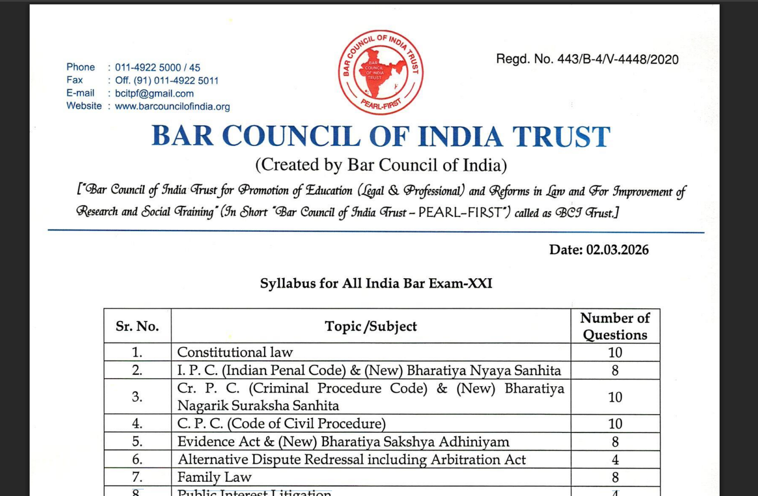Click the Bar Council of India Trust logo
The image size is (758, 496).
coord(380,72)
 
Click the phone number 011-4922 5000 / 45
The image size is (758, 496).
coord(158,67)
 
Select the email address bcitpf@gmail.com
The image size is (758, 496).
coord(154,93)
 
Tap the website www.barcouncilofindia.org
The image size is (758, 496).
coord(172,106)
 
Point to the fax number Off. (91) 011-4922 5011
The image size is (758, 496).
coord(167,81)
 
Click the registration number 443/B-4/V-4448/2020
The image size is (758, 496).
coord(617,59)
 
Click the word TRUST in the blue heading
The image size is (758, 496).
coord(561,137)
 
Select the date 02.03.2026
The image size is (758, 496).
coord(617,250)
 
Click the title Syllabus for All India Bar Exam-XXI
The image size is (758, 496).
coord(376,283)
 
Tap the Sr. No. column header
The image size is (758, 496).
coord(137,326)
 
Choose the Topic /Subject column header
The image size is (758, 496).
coord(370,326)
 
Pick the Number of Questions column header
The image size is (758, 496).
coord(615,326)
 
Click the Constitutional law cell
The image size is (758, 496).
coord(235,352)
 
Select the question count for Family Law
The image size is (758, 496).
coord(615,477)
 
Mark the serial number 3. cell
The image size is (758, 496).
coord(137,397)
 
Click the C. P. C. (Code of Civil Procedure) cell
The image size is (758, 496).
coord(281,424)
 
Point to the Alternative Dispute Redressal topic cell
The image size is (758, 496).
coord(351,459)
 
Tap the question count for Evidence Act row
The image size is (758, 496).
coord(615,442)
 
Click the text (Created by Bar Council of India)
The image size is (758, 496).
coord(381,165)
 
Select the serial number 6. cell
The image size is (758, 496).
coord(137,459)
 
